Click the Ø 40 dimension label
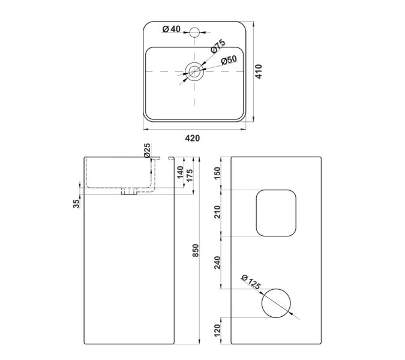coord(171,29)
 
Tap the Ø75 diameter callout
coord(218,46)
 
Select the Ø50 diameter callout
coord(229,60)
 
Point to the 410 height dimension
coord(259,71)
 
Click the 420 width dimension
coord(192,139)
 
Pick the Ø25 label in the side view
coord(147,151)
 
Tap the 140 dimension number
coord(180,172)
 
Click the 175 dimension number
coord(190,175)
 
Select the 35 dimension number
coord(76,204)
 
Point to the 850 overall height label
coord(196,250)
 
